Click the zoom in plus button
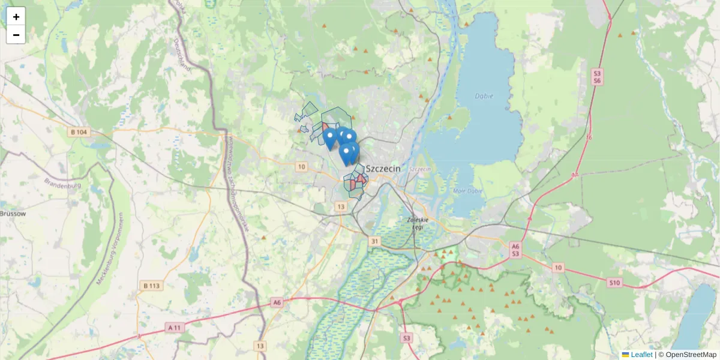[16, 16]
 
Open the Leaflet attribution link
[641, 355]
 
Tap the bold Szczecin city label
[382, 169]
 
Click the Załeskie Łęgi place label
[415, 223]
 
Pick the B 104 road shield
[78, 131]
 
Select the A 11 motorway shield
[175, 328]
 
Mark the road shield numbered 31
[375, 241]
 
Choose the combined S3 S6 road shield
[597, 77]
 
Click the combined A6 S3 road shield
[515, 250]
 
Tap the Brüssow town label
[11, 213]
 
